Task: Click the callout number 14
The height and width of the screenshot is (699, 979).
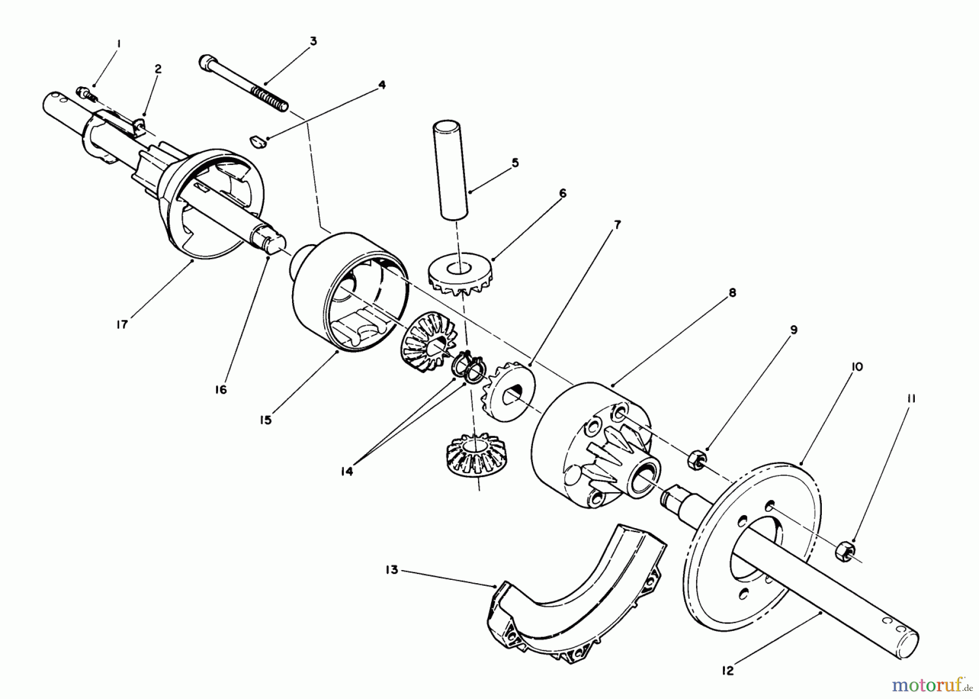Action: click(346, 472)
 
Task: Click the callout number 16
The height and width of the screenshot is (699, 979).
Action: click(221, 390)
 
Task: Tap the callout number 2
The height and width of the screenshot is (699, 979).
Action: click(158, 69)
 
